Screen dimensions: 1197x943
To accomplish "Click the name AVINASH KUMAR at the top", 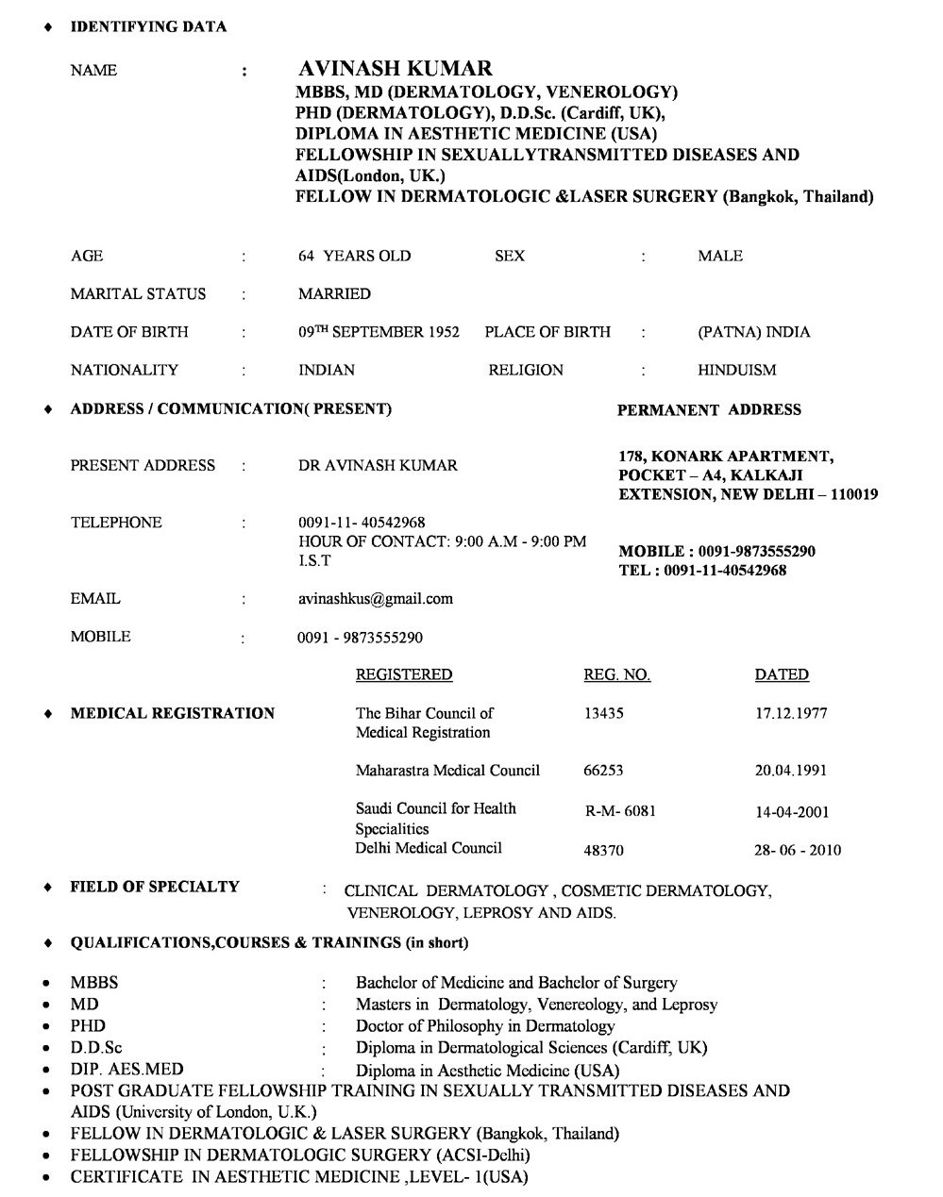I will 395,69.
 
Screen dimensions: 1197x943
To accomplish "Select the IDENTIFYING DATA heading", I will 148,26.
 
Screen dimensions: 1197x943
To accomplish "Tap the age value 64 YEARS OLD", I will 354,256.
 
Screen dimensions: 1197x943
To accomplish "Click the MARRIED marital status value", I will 334,293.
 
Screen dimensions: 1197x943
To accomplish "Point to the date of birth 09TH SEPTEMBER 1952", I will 379,332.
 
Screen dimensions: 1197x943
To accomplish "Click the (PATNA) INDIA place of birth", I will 753,332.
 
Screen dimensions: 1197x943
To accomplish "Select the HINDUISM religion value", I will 736,370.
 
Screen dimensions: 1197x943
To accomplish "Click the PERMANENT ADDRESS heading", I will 708,409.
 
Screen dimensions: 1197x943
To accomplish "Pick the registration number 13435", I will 603,713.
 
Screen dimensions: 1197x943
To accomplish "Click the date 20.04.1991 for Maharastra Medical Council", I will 790,770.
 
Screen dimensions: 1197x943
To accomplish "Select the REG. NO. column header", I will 616,674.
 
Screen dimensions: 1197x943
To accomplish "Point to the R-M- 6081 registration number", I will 620,811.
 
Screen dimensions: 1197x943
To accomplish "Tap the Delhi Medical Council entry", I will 428,847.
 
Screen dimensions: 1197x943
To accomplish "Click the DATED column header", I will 781,674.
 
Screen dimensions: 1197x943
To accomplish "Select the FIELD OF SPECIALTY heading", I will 155,886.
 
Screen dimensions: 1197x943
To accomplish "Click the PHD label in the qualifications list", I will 88,1025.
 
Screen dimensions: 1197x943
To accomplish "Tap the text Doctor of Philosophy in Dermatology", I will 484,1025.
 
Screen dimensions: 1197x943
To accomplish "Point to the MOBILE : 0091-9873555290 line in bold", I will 716,551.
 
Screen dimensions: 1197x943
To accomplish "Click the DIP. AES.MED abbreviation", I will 126,1069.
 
